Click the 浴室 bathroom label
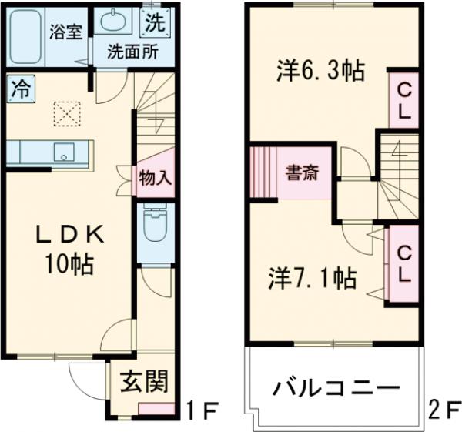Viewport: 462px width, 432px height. (x=66, y=33)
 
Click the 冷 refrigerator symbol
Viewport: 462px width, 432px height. (x=20, y=88)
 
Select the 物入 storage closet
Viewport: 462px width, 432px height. (x=155, y=178)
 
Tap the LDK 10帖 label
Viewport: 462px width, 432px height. (x=66, y=250)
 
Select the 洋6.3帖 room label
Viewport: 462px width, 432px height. (x=320, y=73)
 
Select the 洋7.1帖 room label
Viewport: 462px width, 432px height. (x=312, y=277)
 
